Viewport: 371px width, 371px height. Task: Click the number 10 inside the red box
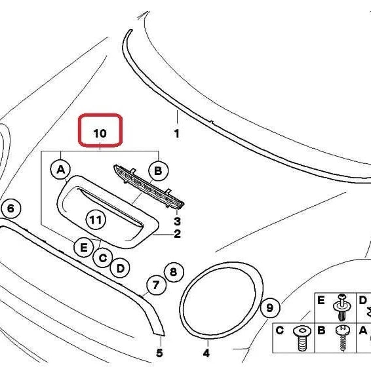tap(100, 133)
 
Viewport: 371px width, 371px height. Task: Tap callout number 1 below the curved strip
tap(177, 134)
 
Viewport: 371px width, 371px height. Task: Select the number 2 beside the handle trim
tap(177, 234)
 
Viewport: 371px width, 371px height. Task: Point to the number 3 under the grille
tap(177, 222)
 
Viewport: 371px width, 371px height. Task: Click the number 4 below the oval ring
tap(206, 353)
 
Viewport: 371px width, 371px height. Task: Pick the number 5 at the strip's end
tap(160, 353)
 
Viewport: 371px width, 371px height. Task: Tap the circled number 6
tap(11, 208)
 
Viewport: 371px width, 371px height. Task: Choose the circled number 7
tap(156, 285)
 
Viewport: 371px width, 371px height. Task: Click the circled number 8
tap(174, 272)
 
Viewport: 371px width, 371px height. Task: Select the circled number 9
tap(270, 308)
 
